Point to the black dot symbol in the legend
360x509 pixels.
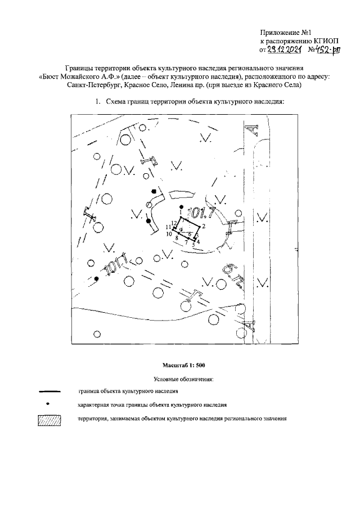click(x=49, y=404)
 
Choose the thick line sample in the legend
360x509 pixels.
click(x=49, y=390)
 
